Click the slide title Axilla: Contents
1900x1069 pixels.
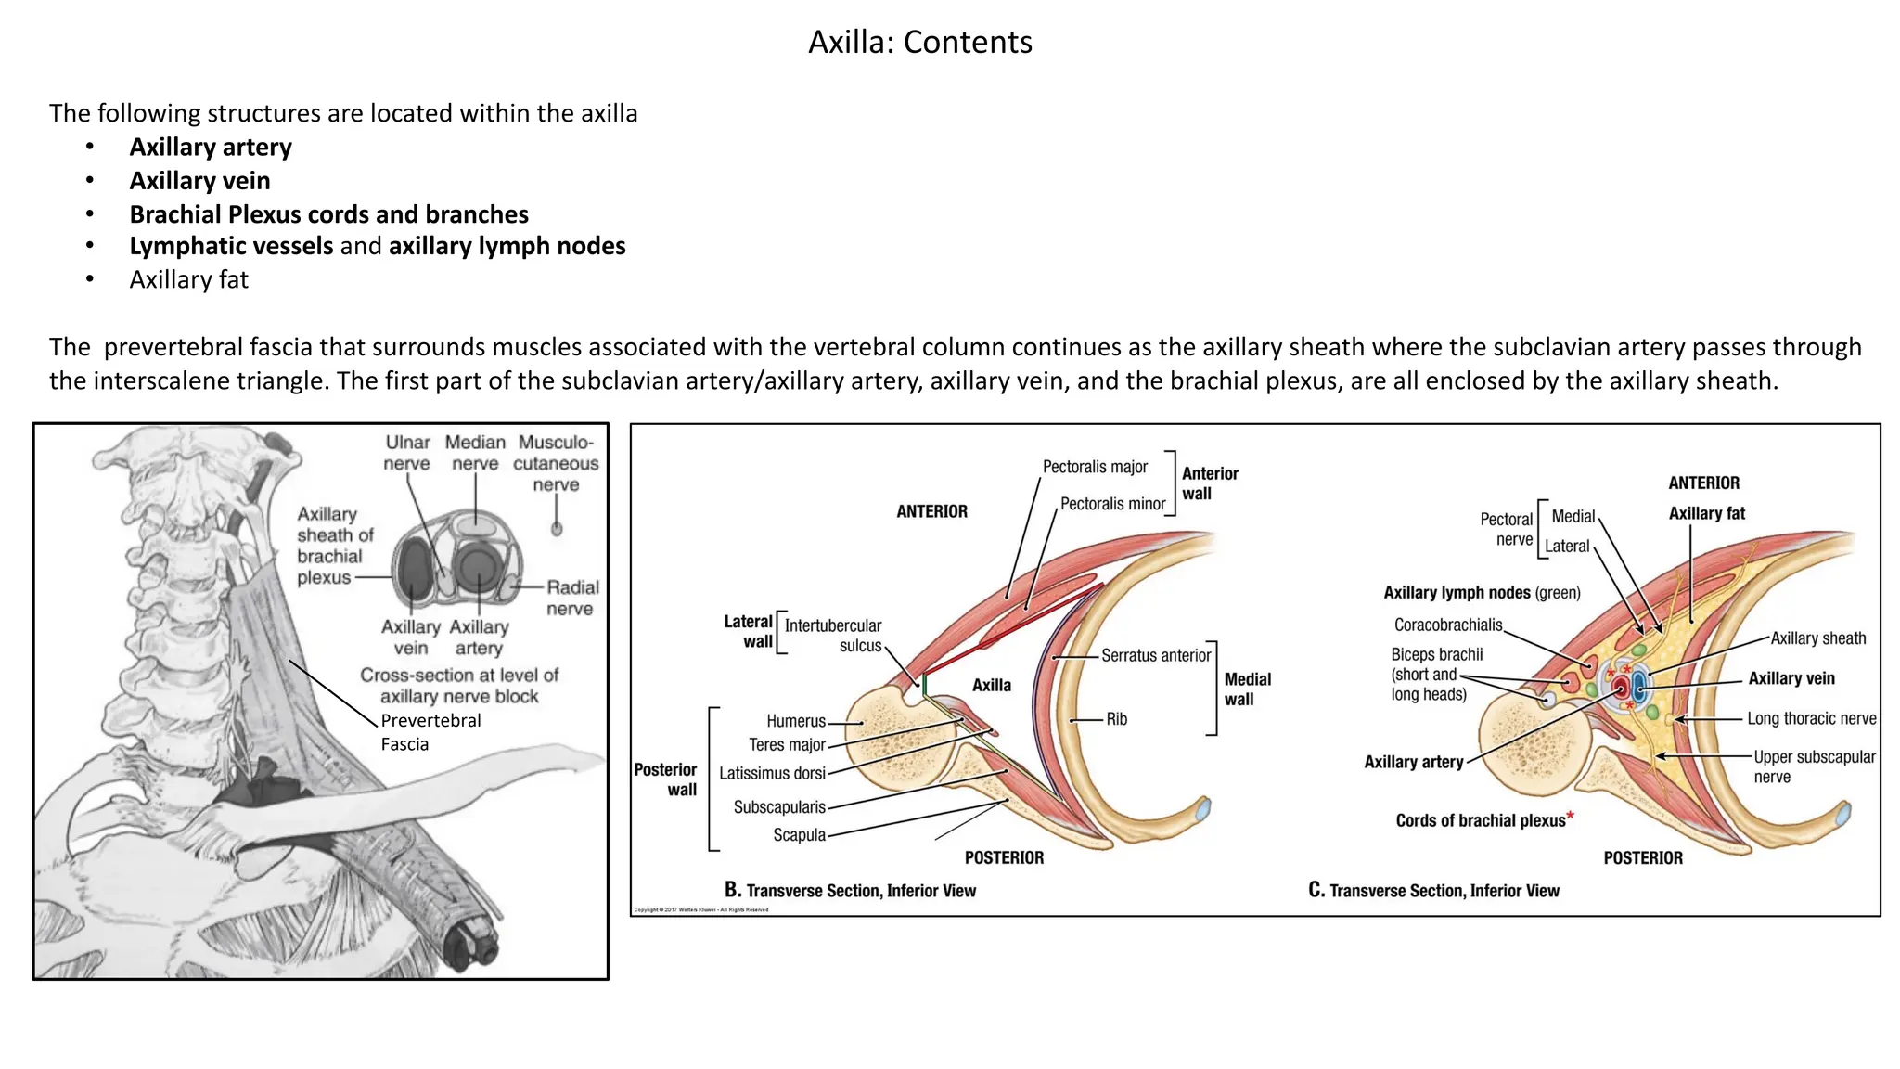point(919,43)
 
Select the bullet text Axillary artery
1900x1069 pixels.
point(211,148)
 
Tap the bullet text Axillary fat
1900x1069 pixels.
point(189,280)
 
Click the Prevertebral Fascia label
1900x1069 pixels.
point(430,732)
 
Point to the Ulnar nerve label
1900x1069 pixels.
point(407,453)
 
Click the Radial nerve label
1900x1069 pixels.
point(571,598)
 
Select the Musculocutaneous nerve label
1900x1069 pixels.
point(556,463)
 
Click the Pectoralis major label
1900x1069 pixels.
point(1095,467)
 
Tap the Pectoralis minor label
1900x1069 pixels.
point(1112,504)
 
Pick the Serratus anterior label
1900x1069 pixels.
point(1156,656)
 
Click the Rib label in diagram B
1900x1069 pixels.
point(1117,719)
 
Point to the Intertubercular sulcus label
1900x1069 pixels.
point(833,636)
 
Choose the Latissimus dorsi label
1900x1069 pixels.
point(772,774)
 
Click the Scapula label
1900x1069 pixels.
point(799,835)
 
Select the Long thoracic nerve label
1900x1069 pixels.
point(1811,719)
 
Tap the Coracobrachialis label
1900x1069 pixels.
point(1447,625)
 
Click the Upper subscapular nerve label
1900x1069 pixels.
point(1814,766)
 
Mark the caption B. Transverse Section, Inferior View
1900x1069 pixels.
point(850,891)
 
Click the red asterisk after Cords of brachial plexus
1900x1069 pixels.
point(1571,817)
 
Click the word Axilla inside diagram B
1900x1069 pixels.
point(991,686)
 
